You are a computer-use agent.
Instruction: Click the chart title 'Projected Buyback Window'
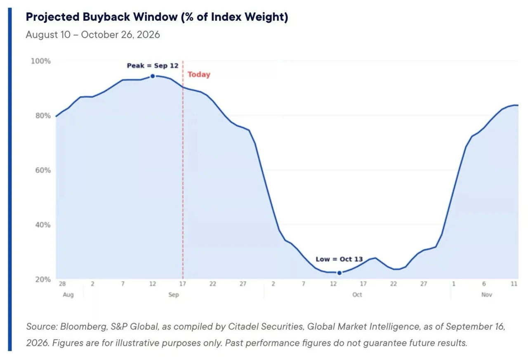pyautogui.click(x=101, y=17)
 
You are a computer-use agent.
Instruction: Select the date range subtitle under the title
pyautogui.click(x=93, y=35)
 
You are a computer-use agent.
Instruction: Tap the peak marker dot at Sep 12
pyautogui.click(x=153, y=76)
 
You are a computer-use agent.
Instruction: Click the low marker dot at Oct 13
pyautogui.click(x=339, y=273)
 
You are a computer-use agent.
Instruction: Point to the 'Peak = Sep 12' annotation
pyautogui.click(x=153, y=66)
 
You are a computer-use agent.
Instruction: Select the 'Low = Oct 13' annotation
pyautogui.click(x=339, y=259)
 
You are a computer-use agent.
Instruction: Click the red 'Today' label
pyautogui.click(x=199, y=75)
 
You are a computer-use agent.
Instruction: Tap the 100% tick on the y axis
pyautogui.click(x=41, y=61)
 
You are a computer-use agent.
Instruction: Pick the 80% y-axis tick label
pyautogui.click(x=43, y=116)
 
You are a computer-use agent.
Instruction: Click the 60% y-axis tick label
pyautogui.click(x=43, y=170)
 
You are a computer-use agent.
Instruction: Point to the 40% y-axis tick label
pyautogui.click(x=43, y=225)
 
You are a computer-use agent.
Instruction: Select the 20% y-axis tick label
pyautogui.click(x=43, y=279)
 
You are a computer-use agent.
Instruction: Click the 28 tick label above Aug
pyautogui.click(x=62, y=284)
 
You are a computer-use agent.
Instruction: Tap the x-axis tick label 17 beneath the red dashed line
pyautogui.click(x=182, y=284)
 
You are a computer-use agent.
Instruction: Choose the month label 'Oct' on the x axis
pyautogui.click(x=357, y=295)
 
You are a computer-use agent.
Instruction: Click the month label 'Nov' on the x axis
pyautogui.click(x=486, y=295)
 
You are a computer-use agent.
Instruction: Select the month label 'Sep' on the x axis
pyautogui.click(x=174, y=295)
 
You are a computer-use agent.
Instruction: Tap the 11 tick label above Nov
pyautogui.click(x=514, y=284)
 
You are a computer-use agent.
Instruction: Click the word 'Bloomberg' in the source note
pyautogui.click(x=84, y=327)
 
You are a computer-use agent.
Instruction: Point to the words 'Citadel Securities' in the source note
pyautogui.click(x=265, y=327)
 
